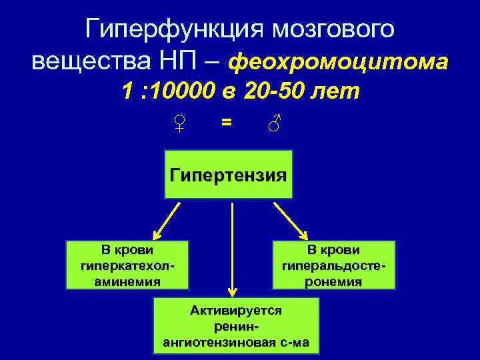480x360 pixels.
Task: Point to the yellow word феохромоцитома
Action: (338, 62)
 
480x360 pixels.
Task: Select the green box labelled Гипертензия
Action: (229, 175)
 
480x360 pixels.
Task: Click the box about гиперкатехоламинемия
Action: (127, 265)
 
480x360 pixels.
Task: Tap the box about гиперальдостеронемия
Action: (333, 265)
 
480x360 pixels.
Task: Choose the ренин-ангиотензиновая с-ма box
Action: (236, 326)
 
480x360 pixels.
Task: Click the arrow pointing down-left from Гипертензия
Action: (167, 221)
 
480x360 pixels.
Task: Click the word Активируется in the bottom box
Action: (236, 310)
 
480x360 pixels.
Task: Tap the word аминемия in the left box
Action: (127, 281)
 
